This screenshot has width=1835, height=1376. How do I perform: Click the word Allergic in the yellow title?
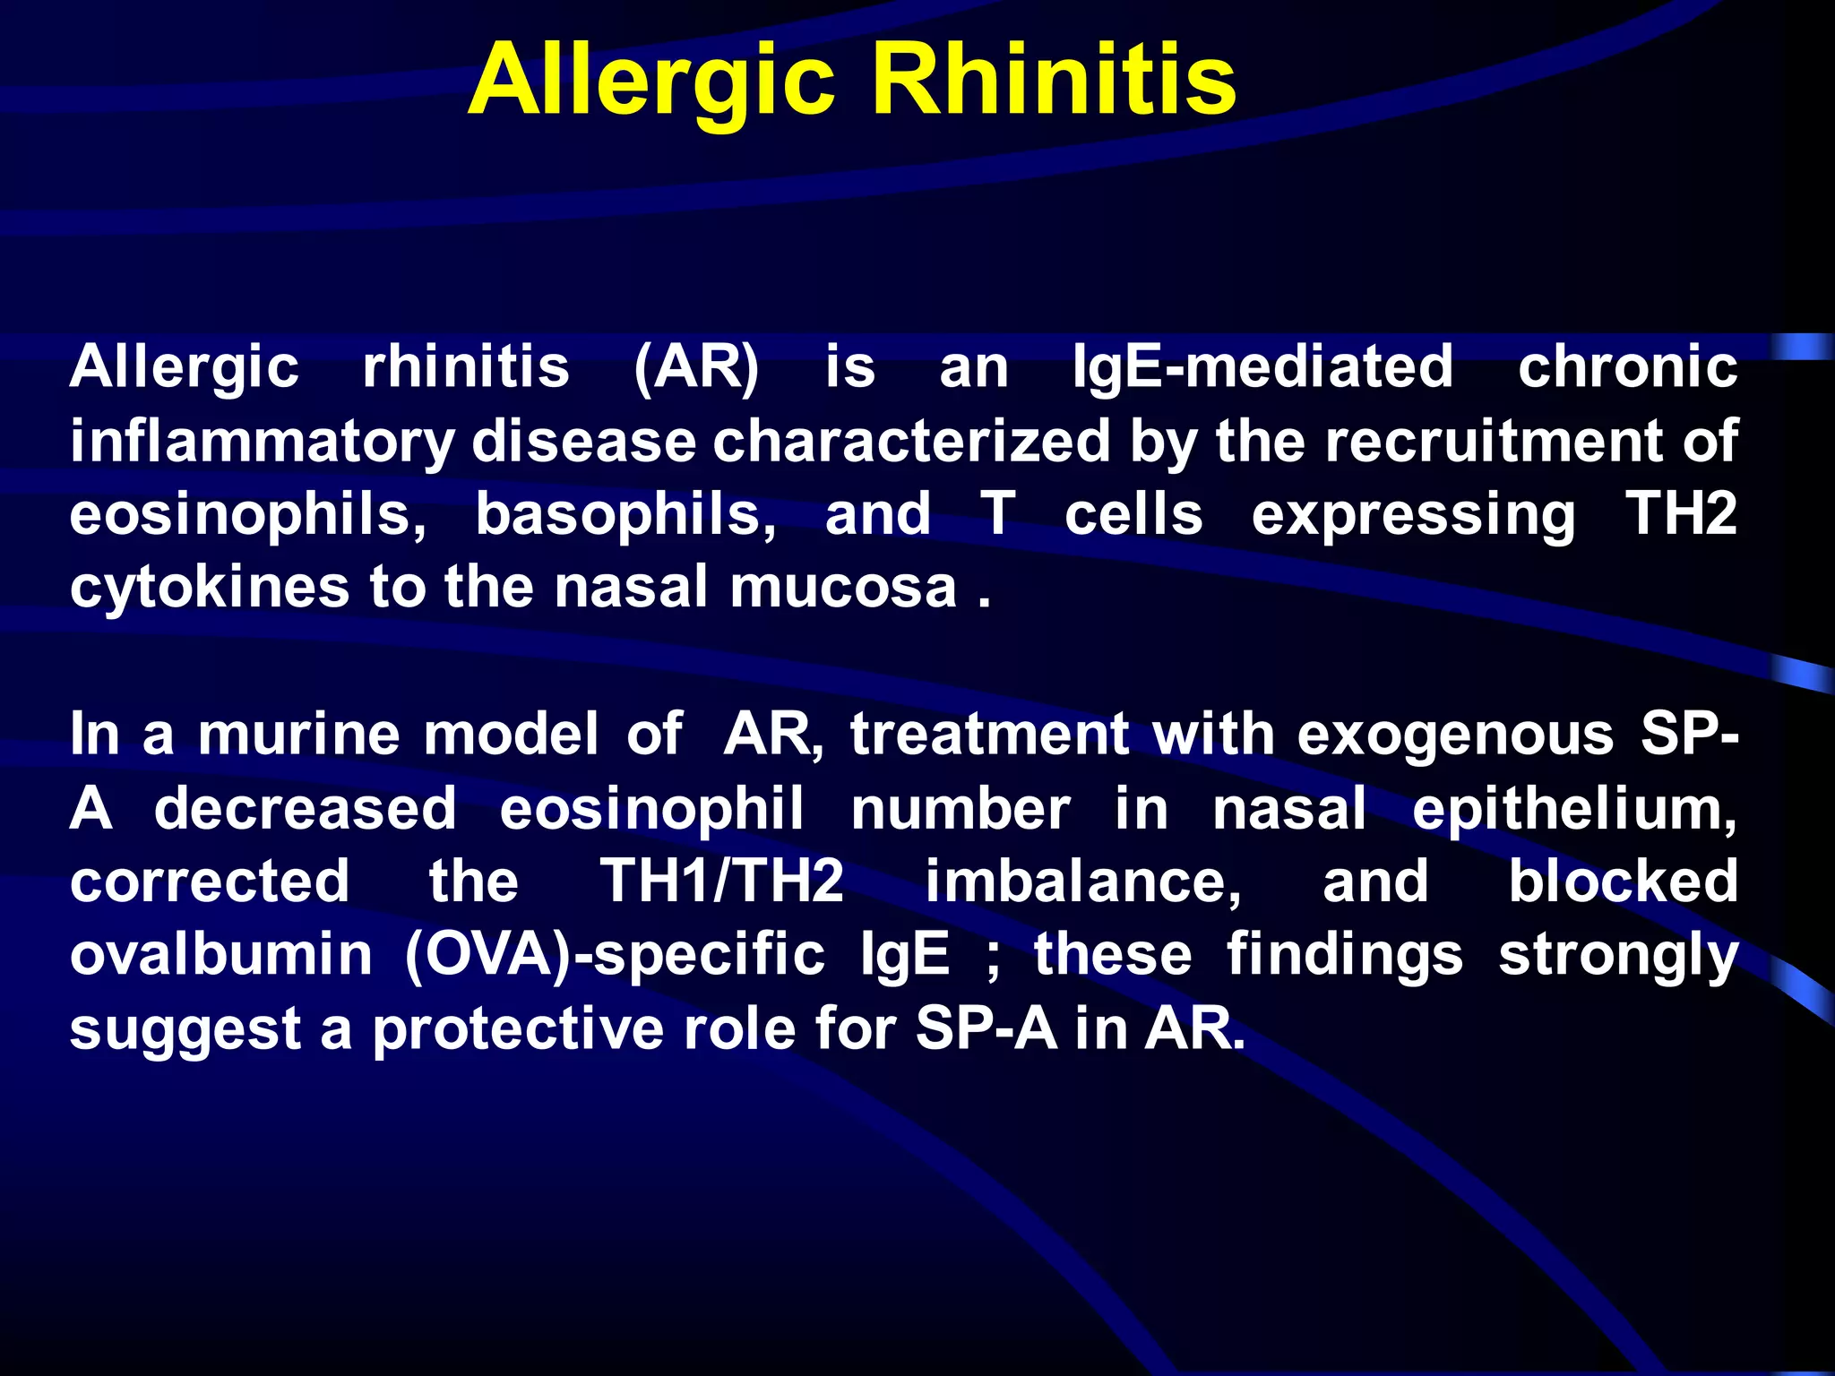651,82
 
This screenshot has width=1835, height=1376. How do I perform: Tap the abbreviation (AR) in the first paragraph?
696,367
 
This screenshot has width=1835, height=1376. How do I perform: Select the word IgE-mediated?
1262,367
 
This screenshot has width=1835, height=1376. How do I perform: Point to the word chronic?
1627,367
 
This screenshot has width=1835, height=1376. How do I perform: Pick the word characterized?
911,441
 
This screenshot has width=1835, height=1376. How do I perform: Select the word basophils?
625,515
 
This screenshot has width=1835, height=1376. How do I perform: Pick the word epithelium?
1574,809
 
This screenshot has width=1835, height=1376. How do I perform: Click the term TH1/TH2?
721,881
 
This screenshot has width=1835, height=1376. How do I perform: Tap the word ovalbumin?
221,955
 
